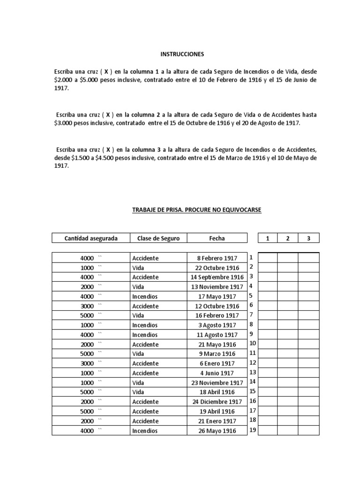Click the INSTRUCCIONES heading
tap(182, 54)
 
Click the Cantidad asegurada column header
tap(91, 239)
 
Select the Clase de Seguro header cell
tap(158, 239)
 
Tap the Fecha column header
tap(217, 239)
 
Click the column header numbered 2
tap(288, 239)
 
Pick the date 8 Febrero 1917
tap(217, 258)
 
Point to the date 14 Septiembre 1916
tap(217, 277)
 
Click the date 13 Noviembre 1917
tap(217, 287)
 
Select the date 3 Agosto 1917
tap(217, 325)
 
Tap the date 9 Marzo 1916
tap(217, 354)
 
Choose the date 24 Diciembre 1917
tap(217, 402)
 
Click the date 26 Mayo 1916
tap(217, 431)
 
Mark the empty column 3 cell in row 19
tap(308, 431)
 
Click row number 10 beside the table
tap(252, 344)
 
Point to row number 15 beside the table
tap(252, 391)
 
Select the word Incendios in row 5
tap(145, 297)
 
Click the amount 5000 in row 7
tap(87, 316)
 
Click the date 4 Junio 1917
tap(217, 373)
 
